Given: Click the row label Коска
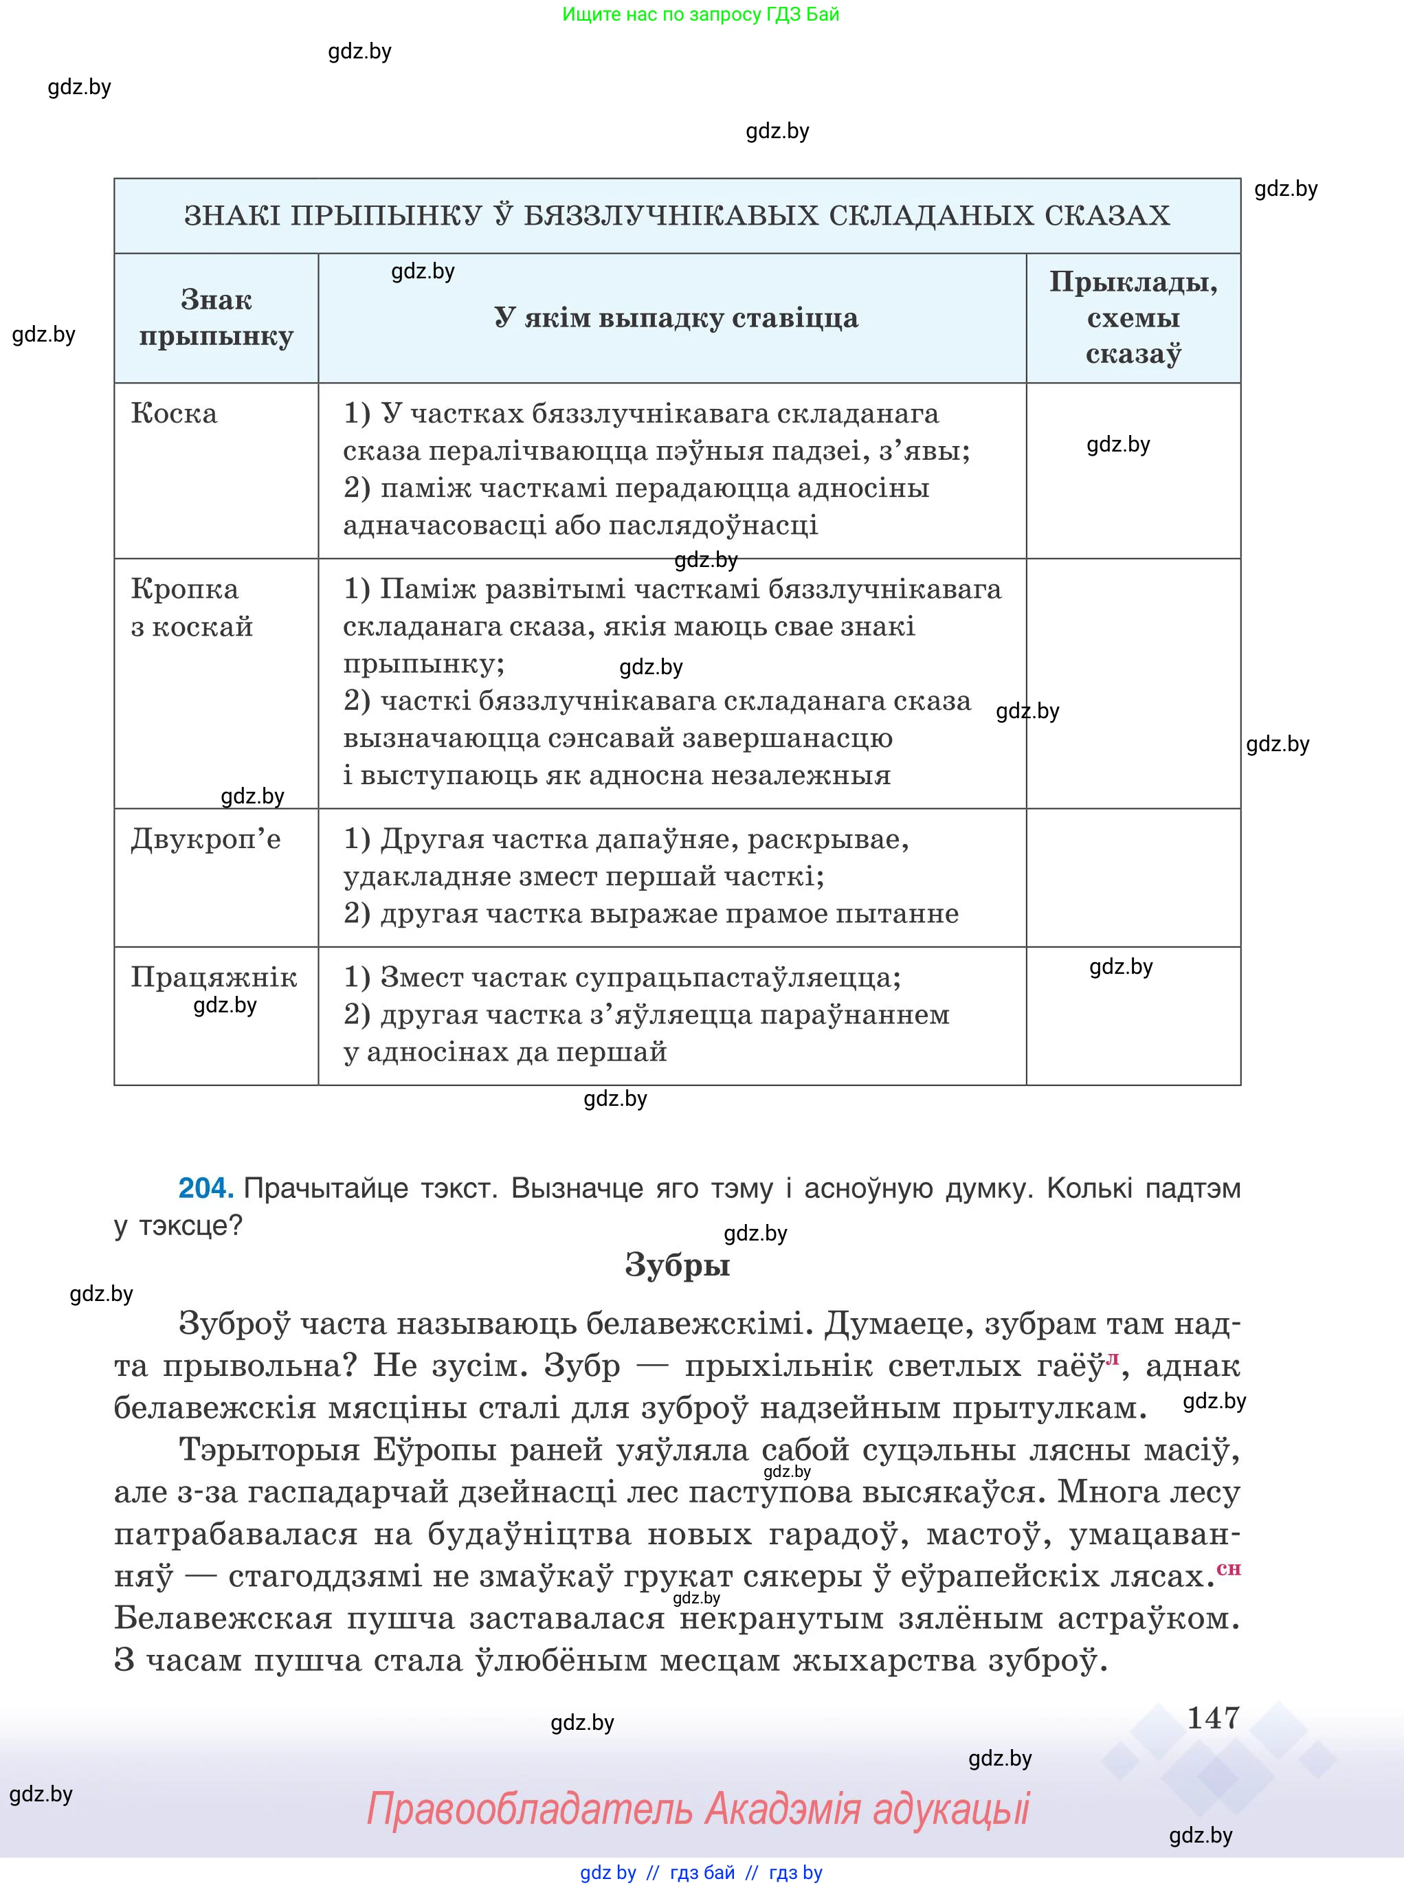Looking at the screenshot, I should (175, 414).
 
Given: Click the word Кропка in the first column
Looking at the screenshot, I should (184, 589).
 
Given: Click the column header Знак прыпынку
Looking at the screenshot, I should (216, 318).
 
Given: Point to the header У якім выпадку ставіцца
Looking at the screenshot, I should (676, 318).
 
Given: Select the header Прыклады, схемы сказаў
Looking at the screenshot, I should (1133, 318).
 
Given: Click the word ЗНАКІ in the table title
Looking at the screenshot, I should (233, 216).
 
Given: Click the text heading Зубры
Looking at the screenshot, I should (678, 1265).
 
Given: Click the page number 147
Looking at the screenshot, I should (1213, 1717).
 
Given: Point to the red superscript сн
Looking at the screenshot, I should (1229, 1569).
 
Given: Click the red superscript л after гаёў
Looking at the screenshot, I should (1113, 1359).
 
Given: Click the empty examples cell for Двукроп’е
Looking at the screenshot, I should (1133, 877).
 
